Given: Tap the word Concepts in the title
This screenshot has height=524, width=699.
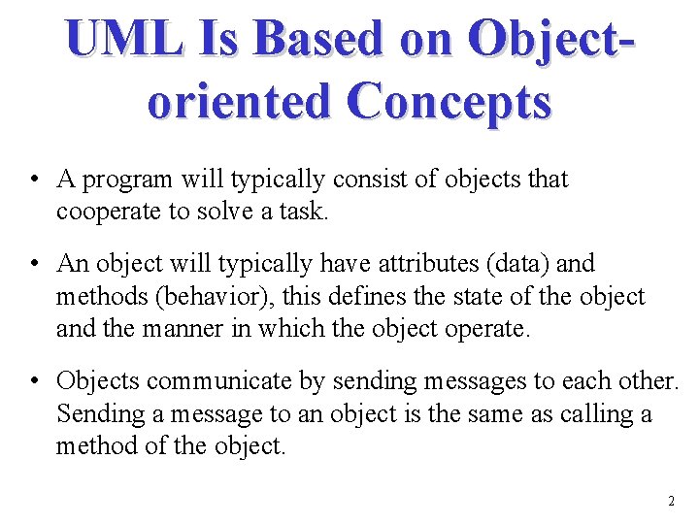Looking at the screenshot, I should coord(452,101).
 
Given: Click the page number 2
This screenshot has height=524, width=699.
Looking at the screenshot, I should coord(670,502).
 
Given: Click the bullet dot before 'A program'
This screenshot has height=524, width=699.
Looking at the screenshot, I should coord(34,180).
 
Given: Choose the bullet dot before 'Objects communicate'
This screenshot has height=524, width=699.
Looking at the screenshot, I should coord(34,382).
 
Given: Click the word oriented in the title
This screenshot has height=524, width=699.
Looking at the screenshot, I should coord(239,101).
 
